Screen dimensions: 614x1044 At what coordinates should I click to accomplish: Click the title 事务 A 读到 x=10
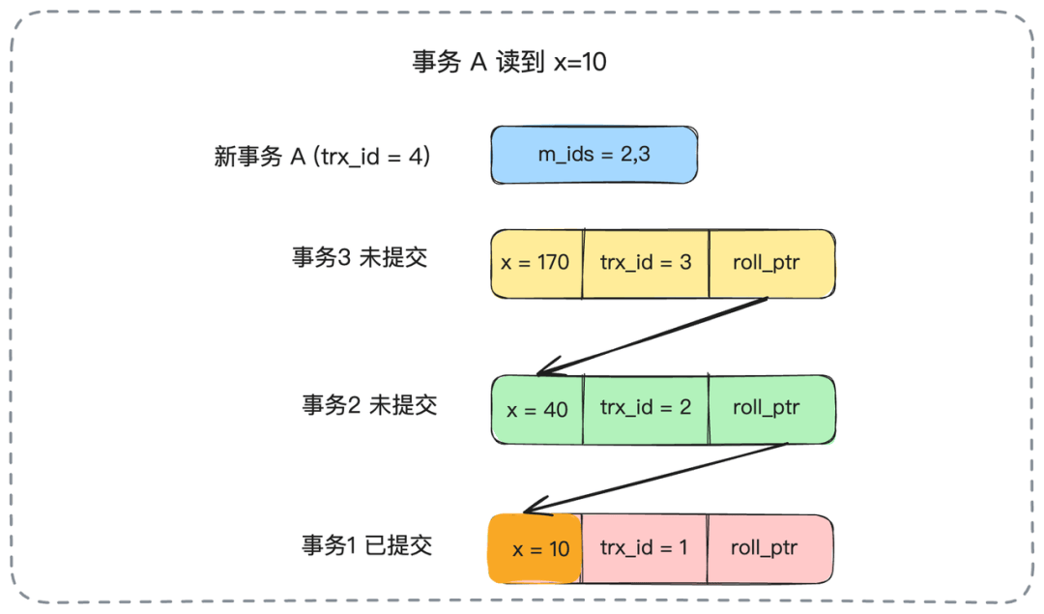(509, 62)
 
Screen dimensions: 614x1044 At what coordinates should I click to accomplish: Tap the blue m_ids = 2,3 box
(594, 155)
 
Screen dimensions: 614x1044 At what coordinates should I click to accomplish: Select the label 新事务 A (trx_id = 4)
(322, 156)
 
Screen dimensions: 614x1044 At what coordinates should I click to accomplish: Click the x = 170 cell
(536, 263)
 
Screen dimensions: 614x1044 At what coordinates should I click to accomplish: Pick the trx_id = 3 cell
(646, 263)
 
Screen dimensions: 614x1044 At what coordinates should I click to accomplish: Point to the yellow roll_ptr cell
(770, 263)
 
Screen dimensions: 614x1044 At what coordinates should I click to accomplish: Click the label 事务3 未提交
(359, 258)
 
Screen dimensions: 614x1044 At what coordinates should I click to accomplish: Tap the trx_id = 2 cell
(646, 408)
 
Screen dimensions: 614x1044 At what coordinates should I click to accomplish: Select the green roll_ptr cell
(770, 408)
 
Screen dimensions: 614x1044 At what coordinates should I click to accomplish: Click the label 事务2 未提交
(368, 404)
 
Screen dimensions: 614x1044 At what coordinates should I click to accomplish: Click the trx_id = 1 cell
(644, 548)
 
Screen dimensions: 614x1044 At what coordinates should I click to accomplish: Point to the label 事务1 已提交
(366, 545)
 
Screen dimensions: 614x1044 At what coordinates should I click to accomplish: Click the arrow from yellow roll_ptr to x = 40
(653, 336)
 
